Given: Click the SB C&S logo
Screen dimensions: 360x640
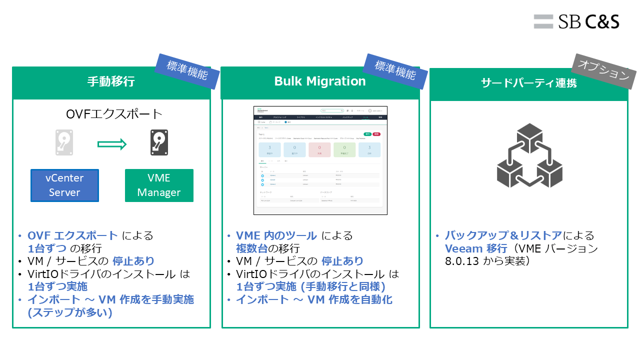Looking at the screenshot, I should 576,21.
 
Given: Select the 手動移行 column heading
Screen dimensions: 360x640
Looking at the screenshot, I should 111,82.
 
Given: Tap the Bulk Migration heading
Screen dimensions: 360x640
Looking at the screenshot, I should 320,81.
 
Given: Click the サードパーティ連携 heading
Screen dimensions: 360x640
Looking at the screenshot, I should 529,83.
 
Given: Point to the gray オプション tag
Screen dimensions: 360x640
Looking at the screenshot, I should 603,71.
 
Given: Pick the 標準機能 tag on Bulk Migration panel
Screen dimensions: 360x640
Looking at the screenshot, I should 395,71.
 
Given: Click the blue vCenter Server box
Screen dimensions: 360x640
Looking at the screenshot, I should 64,185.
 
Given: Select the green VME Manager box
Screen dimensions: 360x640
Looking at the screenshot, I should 159,185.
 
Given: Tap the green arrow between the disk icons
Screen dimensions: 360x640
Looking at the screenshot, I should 112,144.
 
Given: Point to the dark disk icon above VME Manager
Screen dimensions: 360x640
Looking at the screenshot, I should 159,142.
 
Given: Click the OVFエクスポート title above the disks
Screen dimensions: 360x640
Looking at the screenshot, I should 114,114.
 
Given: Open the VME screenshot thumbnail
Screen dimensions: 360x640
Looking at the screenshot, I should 320,160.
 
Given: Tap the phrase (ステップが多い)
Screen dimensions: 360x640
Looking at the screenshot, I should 70,312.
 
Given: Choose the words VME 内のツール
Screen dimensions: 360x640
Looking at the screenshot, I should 276,235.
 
